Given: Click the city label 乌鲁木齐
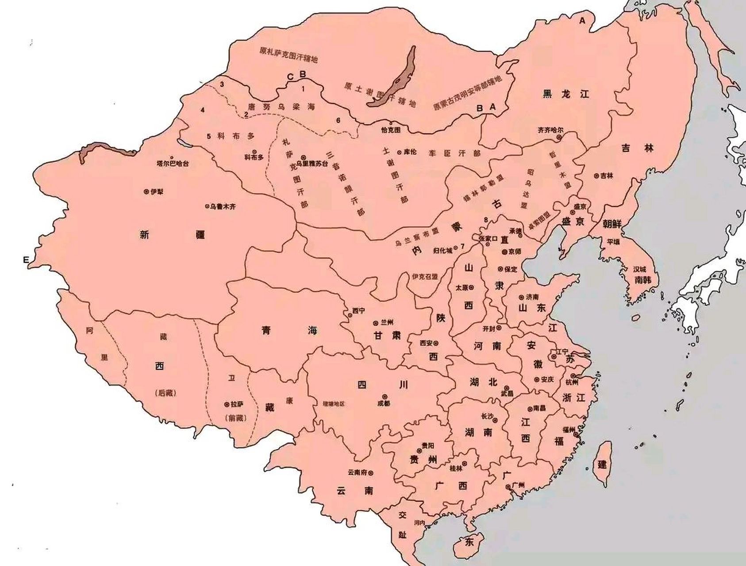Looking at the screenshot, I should (223, 207).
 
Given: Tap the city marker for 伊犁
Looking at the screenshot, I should (146, 192).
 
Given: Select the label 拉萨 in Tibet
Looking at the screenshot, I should (237, 405).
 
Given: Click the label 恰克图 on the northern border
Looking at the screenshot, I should (390, 130).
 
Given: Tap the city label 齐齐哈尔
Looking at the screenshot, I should (550, 130).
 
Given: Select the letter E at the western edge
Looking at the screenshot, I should (26, 260).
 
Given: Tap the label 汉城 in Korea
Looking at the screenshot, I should (640, 269).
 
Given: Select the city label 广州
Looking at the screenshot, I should (518, 485).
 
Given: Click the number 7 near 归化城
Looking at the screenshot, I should (462, 246).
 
